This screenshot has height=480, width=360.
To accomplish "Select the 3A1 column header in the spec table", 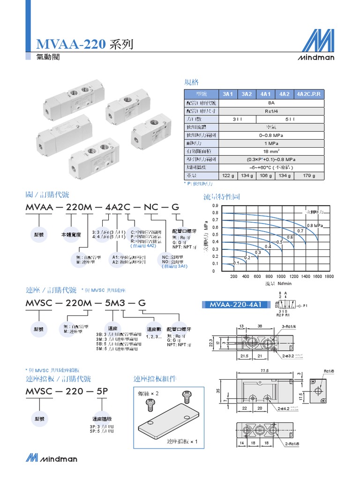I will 228,94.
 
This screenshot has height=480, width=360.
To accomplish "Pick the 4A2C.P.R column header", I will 309,94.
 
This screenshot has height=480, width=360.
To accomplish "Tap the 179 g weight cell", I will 309,176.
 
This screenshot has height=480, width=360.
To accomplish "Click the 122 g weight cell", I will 228,176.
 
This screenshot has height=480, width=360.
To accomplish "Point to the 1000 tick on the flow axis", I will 281,277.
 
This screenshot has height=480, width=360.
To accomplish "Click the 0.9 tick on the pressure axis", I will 215,205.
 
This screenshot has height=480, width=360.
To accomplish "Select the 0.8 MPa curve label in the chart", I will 315,225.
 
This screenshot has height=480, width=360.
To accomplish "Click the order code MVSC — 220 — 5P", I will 67,391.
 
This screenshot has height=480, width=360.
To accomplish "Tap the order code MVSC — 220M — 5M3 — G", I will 85,303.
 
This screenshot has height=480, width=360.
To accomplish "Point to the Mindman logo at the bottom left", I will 52,458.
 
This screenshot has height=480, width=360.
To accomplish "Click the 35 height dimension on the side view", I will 218,390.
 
